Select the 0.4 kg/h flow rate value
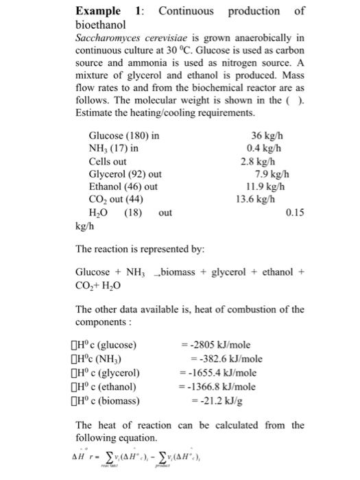click(264, 148)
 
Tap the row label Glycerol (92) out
click(125, 173)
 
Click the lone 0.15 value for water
click(293, 213)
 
